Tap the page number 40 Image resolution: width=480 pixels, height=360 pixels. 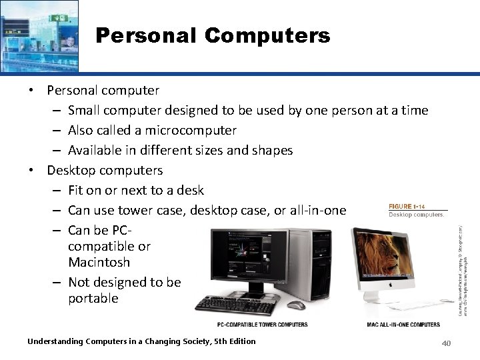coord(447,343)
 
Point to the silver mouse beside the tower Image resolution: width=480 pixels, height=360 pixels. coord(296,305)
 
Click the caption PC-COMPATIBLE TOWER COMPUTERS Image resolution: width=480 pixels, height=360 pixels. coord(263,325)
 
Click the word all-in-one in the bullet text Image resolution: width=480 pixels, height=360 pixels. coord(318,211)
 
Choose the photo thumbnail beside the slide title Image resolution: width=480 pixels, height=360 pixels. coord(39,35)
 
